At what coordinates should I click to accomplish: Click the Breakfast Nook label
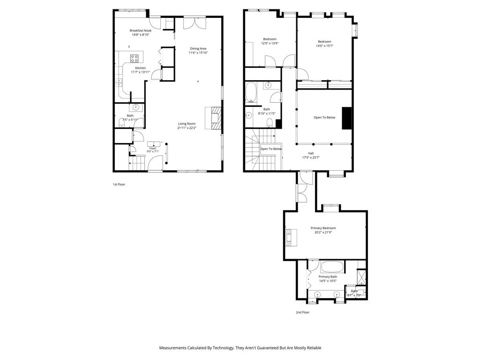coord(140,30)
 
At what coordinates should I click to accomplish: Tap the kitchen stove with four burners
coord(135,59)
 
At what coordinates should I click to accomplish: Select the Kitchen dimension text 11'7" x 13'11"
coord(140,72)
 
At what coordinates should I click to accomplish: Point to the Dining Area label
coord(198,48)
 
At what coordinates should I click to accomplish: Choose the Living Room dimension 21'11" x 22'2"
coord(187,128)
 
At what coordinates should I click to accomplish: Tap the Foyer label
coord(153,148)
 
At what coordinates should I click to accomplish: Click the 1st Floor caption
coord(119,184)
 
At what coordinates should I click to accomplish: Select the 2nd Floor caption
coord(302,312)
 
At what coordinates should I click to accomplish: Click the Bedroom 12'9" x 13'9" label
coord(270,39)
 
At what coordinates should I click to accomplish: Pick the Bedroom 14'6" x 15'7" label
coord(324,42)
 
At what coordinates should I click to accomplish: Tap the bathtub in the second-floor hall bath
coord(251,93)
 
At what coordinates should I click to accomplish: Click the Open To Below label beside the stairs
coord(271,149)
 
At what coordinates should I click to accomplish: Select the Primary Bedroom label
coord(323,228)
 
